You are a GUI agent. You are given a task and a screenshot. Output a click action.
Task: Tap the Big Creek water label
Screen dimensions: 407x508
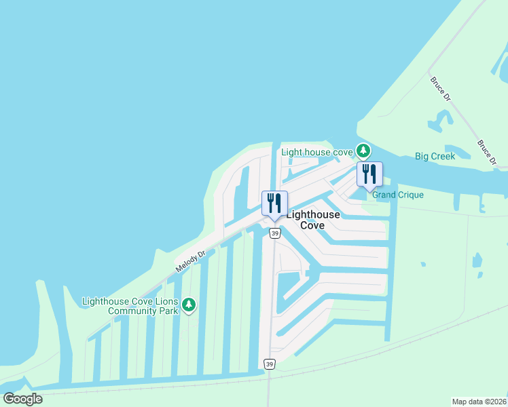435,156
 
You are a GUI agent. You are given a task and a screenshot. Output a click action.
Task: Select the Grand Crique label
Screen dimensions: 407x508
397,195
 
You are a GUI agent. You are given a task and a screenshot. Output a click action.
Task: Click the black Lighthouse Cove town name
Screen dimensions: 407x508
314,220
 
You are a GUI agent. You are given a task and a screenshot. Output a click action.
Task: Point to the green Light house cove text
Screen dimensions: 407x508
317,152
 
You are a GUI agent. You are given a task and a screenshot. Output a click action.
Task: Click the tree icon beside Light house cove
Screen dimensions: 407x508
364,150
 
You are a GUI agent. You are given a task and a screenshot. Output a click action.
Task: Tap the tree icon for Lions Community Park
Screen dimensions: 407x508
189,306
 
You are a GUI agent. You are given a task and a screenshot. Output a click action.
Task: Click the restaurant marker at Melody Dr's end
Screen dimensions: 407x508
274,203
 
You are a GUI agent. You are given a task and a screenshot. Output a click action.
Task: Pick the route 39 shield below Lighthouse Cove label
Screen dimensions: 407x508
274,233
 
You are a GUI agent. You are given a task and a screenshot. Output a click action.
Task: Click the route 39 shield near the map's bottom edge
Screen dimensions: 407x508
270,365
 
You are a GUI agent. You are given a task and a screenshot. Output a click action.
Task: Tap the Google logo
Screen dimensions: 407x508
22,399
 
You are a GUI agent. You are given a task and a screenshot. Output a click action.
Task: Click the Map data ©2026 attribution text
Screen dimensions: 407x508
479,402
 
